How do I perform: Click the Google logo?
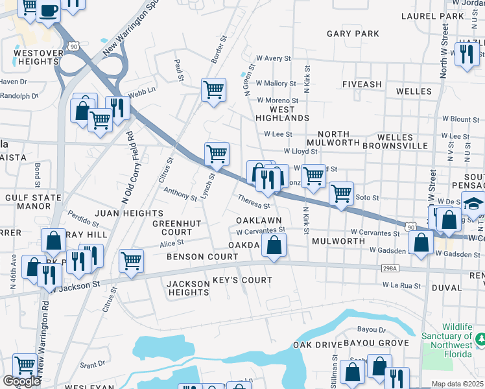coord(21,381)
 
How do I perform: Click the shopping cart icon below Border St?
coord(213,89)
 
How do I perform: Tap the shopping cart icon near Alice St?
coord(131,261)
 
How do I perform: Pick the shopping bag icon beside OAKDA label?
coord(275,246)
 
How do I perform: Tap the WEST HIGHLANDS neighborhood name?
coord(282,114)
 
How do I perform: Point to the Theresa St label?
coord(254,202)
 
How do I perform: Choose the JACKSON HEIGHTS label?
coord(188,288)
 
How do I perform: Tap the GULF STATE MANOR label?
coord(28,202)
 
